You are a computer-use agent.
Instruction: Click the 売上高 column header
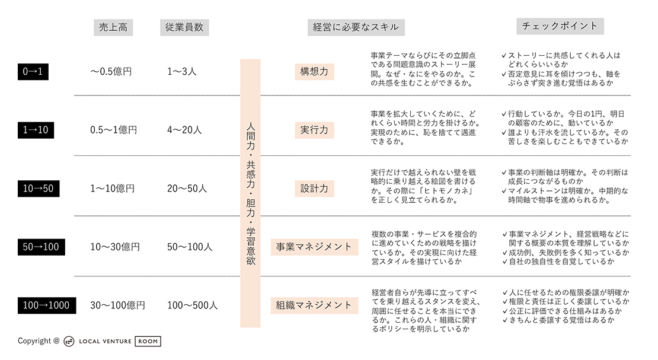pos(113,27)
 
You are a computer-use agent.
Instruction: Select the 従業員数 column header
pos(184,27)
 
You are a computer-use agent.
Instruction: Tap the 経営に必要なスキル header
pos(356,27)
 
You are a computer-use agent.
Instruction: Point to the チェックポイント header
pos(560,26)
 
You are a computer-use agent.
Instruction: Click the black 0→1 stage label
pos(33,71)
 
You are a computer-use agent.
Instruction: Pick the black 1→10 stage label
pos(36,130)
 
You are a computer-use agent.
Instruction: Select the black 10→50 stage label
pos(38,188)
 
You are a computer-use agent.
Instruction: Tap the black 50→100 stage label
pos(41,247)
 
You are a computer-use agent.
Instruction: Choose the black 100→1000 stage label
pos(47,305)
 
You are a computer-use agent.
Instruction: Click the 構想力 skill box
pos(314,71)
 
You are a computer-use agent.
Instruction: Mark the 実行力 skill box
pos(314,130)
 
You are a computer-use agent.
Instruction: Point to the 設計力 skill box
pos(314,188)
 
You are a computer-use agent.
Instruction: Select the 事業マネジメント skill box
pos(314,247)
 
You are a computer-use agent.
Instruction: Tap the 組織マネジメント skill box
pos(314,305)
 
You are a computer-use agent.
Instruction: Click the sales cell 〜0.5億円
pos(111,71)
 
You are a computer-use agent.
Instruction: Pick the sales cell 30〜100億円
pos(117,305)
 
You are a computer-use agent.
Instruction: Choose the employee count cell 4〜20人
pos(184,130)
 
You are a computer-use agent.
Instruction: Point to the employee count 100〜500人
pos(192,305)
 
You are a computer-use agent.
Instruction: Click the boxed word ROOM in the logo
pos(148,341)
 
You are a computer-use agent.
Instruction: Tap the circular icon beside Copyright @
pos(69,341)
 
